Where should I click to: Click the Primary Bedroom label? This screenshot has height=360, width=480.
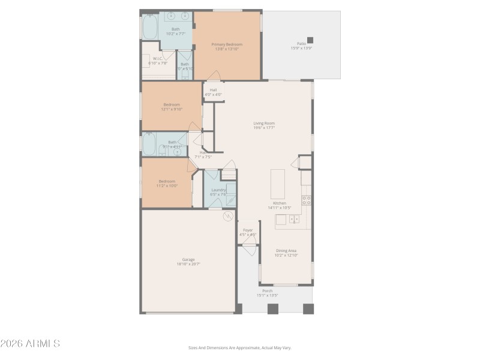click(x=227, y=46)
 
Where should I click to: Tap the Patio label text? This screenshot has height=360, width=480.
click(x=302, y=46)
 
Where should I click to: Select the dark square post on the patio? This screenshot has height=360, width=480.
click(x=310, y=40)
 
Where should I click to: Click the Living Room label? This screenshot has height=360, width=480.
click(x=264, y=125)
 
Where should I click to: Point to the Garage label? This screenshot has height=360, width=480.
click(x=188, y=262)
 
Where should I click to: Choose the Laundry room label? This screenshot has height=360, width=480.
click(x=218, y=191)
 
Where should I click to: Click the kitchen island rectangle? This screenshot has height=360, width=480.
click(x=278, y=184)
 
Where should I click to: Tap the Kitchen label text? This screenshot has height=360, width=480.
click(x=280, y=205)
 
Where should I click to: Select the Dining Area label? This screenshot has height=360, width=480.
click(x=287, y=253)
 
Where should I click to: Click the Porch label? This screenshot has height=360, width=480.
click(x=268, y=293)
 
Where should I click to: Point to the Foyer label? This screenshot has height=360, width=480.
click(x=248, y=232)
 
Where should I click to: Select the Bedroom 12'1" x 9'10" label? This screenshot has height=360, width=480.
click(x=172, y=107)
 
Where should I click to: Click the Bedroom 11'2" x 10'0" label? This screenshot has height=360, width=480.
click(x=167, y=183)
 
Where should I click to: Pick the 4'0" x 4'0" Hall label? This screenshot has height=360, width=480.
click(x=213, y=92)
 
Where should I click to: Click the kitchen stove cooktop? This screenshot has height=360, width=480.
click(x=305, y=200)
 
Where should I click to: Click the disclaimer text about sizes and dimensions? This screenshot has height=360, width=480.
click(x=240, y=347)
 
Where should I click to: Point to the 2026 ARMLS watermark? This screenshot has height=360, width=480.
click(x=30, y=344)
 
